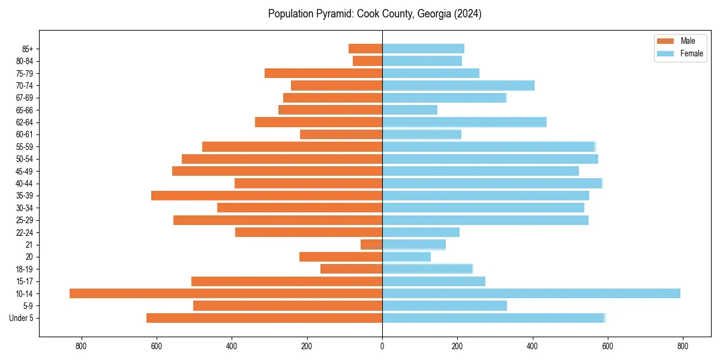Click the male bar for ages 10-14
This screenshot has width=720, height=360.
(x=226, y=293)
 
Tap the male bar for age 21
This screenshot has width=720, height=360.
(x=371, y=245)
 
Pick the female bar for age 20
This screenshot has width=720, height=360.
(x=406, y=257)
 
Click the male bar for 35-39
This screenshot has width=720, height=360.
(x=266, y=196)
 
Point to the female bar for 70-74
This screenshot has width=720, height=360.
(x=458, y=86)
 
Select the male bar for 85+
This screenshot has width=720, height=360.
(x=365, y=49)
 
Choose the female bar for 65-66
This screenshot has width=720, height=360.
(x=410, y=110)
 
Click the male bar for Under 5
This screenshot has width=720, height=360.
(x=264, y=318)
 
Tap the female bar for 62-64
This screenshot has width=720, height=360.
(x=464, y=122)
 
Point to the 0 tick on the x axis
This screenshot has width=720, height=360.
(x=382, y=346)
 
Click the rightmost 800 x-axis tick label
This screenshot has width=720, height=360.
(x=682, y=346)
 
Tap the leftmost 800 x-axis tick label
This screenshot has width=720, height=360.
(x=82, y=346)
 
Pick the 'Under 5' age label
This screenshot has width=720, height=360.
(x=22, y=318)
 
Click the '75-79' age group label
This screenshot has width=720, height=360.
(x=25, y=74)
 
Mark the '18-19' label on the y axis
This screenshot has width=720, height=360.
(x=25, y=269)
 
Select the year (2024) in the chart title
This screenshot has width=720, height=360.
(x=467, y=14)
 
